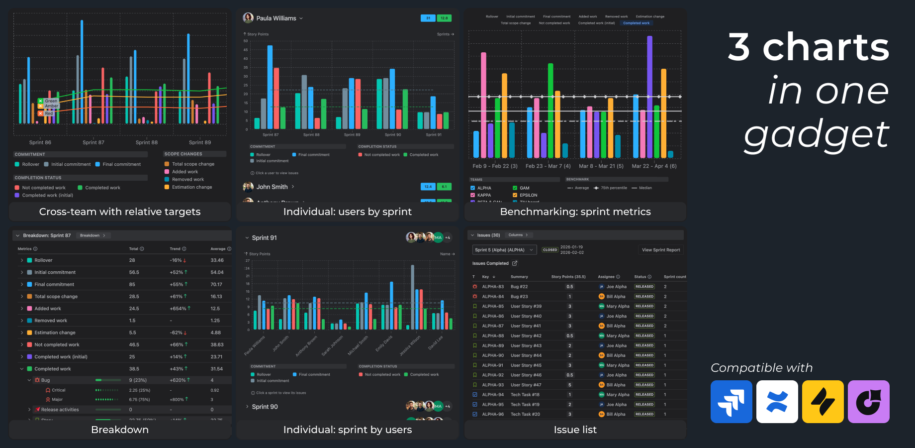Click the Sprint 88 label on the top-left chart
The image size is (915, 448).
(x=147, y=142)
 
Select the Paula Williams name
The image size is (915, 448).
(x=276, y=18)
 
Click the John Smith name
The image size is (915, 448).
(x=272, y=187)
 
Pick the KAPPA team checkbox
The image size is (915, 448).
(x=472, y=195)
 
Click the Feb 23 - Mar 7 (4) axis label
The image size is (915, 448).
(x=548, y=166)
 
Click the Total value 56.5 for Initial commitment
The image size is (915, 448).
(x=134, y=272)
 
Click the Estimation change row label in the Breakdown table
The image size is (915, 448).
(x=55, y=333)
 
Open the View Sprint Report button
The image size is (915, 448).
(x=660, y=250)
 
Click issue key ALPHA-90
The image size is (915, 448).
(x=492, y=355)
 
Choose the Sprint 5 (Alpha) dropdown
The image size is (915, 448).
(x=503, y=250)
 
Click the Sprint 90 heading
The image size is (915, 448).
(x=265, y=407)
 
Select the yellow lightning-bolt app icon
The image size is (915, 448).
(x=823, y=402)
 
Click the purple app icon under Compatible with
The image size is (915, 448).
(x=868, y=402)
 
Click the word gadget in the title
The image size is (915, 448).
(x=817, y=134)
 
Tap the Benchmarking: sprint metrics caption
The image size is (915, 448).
(x=575, y=212)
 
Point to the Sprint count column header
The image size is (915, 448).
(x=674, y=277)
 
